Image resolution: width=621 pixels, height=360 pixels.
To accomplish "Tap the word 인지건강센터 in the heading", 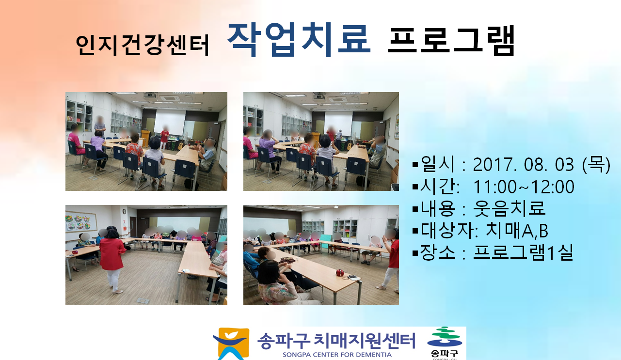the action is tap(142, 45).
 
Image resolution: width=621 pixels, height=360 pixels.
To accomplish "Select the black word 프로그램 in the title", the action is tap(451, 41).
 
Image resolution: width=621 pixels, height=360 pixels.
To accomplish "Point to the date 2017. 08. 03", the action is tap(523, 165).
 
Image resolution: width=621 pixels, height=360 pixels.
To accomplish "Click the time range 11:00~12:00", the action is tap(524, 187).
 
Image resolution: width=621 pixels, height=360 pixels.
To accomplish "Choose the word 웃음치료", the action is tap(510, 208).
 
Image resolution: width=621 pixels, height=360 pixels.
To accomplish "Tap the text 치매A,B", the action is tap(517, 230).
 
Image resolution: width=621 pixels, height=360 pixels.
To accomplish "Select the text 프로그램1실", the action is tap(523, 252).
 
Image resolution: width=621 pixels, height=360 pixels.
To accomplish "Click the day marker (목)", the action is tap(596, 165).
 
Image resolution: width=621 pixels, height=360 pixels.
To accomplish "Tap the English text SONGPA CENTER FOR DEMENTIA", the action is tap(337, 355).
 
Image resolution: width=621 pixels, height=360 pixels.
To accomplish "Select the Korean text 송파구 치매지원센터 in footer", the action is tap(336, 341).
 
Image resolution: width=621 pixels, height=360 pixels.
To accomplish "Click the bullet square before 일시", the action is tap(415, 165).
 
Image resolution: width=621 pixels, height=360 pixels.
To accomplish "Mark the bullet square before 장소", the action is tap(415, 253).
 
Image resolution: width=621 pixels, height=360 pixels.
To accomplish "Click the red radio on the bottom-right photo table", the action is tap(340, 273).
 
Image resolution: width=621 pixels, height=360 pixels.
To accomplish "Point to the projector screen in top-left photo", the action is tap(170, 122).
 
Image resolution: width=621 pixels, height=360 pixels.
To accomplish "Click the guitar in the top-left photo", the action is tap(181, 144).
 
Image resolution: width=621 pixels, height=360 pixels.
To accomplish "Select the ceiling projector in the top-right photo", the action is tap(319, 96).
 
